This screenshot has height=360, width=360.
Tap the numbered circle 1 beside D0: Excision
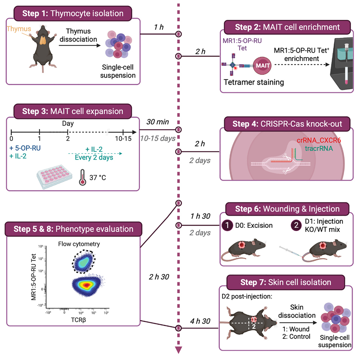pyautogui.click(x=226, y=226)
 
